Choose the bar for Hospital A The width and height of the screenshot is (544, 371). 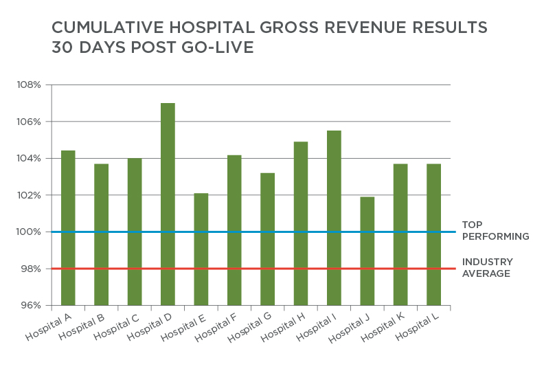68,227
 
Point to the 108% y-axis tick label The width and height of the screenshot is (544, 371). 30,85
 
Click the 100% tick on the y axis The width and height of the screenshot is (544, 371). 30,232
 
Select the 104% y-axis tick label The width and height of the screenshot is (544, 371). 30,159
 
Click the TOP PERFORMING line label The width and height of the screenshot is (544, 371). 495,231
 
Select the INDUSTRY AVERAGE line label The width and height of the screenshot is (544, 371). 486,268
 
